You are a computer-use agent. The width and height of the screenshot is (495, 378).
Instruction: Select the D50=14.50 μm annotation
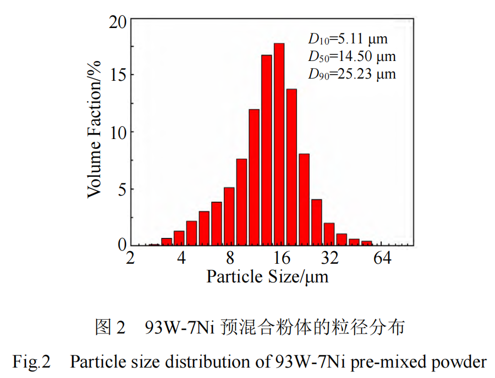coord(351,57)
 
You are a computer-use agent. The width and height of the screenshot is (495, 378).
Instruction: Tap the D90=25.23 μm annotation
coord(351,74)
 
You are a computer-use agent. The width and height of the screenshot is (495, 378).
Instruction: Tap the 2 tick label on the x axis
coord(130,258)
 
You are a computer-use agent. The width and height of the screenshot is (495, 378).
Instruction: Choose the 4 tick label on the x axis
coord(181,258)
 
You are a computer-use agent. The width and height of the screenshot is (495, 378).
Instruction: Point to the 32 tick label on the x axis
coord(330,258)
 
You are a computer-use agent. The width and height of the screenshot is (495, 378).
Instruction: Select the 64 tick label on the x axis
coord(380,258)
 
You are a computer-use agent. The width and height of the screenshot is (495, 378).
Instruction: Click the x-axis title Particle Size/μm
coord(267,276)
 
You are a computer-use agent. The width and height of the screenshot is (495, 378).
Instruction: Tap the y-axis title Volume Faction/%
coord(95,131)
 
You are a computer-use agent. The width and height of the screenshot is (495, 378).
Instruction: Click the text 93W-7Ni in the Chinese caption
coord(179,328)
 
